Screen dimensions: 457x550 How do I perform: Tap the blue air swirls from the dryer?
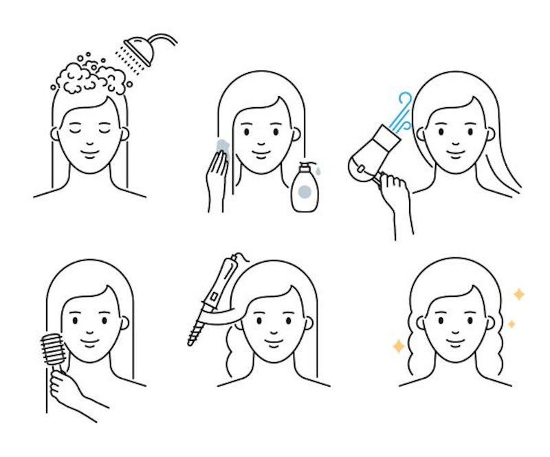point(401,111)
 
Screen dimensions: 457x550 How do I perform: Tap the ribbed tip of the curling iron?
point(196,329)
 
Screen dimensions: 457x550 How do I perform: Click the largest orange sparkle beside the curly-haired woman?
point(399,346)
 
